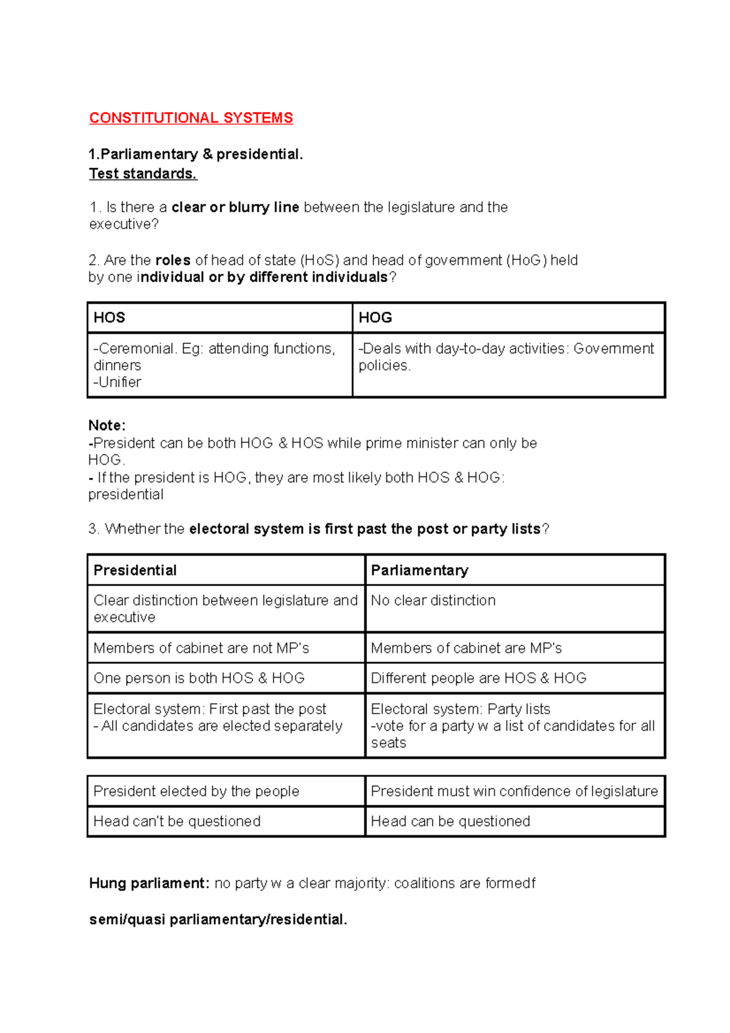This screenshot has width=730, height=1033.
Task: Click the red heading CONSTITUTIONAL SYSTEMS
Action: point(191,118)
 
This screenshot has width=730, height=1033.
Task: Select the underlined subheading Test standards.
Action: point(143,174)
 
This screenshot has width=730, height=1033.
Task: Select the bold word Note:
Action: point(107,425)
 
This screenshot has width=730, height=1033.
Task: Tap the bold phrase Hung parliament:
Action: point(150,883)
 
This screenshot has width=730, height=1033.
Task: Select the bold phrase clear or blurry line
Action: point(235,207)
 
